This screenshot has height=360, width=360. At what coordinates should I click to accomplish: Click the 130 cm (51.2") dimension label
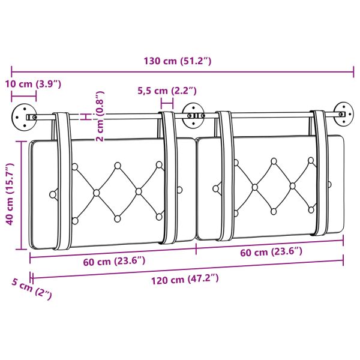pyautogui.click(x=178, y=61)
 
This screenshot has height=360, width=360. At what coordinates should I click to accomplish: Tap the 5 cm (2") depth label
pyautogui.click(x=31, y=289)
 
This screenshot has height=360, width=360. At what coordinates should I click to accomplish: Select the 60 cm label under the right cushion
pyautogui.click(x=270, y=252)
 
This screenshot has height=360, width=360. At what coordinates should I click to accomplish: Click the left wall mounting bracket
pyautogui.click(x=23, y=115)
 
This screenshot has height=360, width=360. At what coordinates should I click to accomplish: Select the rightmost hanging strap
pyautogui.click(x=321, y=174)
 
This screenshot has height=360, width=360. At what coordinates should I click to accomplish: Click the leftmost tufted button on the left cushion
pyautogui.click(x=54, y=194)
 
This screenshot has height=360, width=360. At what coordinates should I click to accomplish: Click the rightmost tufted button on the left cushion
pyautogui.click(x=179, y=190)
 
